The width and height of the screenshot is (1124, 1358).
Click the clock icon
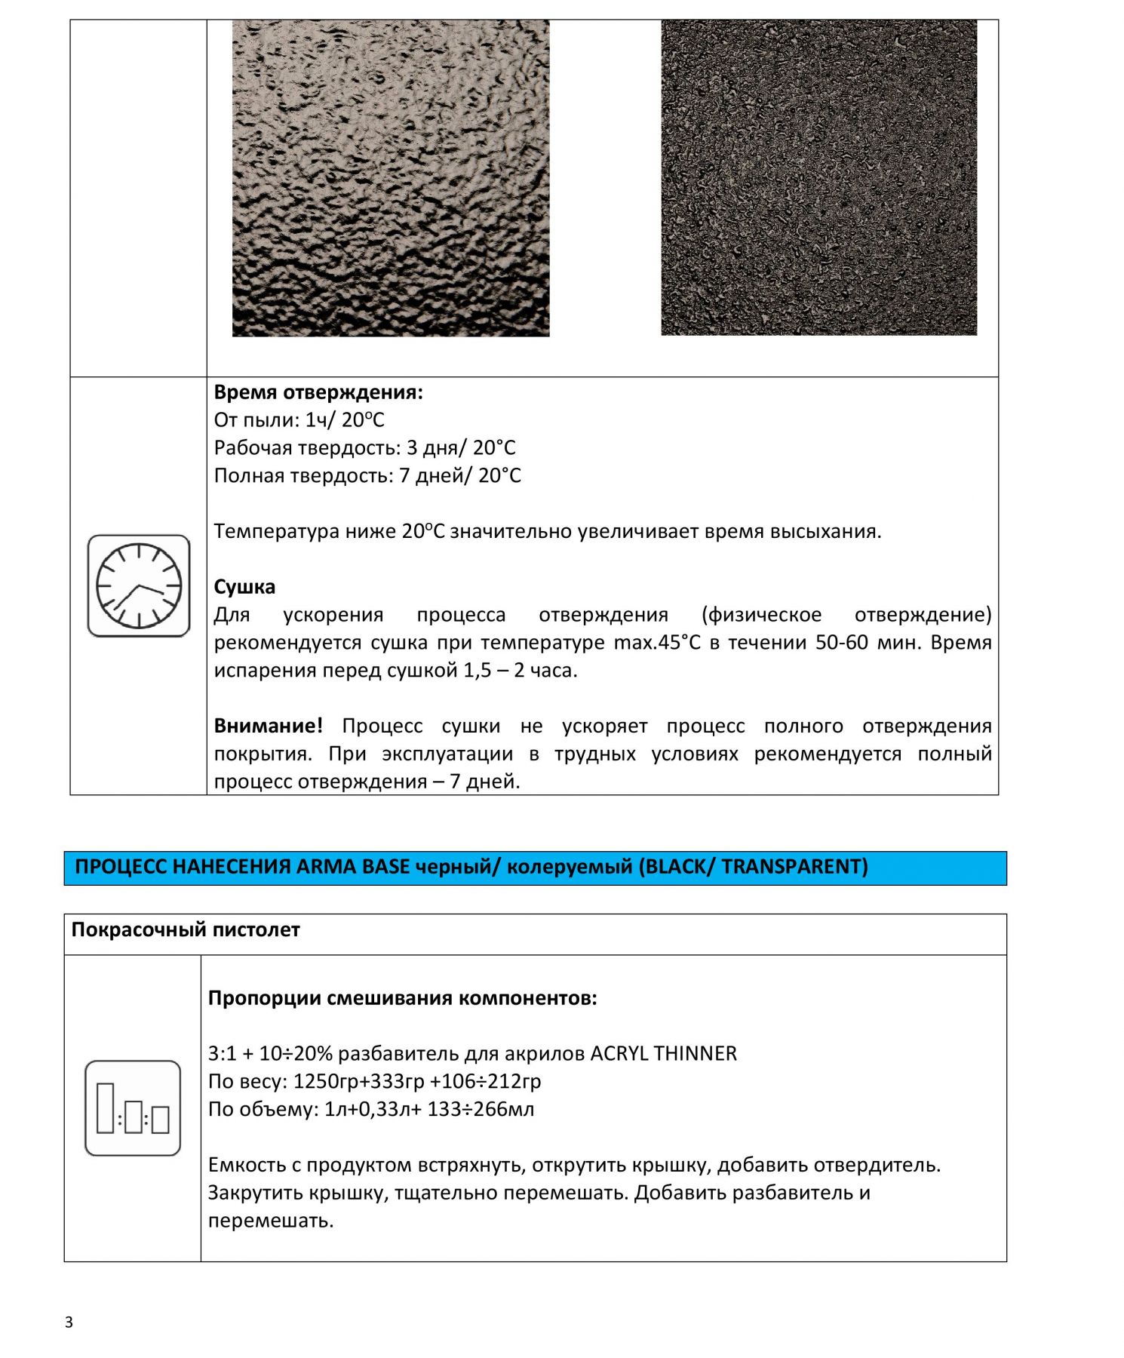click(139, 585)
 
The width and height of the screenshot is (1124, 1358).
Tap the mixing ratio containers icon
click(133, 1108)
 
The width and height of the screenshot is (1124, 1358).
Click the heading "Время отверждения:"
click(318, 392)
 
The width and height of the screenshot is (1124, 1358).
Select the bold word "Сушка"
click(244, 587)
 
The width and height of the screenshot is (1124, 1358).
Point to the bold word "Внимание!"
click(268, 726)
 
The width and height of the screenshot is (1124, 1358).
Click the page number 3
click(69, 1322)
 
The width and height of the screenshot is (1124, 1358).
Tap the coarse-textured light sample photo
click(391, 178)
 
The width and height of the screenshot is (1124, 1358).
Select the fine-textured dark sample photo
click(818, 178)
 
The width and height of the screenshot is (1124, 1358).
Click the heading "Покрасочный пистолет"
click(186, 930)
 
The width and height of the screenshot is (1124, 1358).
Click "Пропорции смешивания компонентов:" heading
click(402, 998)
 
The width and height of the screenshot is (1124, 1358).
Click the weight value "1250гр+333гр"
click(358, 1082)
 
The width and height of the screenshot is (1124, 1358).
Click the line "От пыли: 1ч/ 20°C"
click(299, 420)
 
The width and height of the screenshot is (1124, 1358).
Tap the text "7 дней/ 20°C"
click(459, 476)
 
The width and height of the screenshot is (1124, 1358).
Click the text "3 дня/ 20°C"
click(461, 448)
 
